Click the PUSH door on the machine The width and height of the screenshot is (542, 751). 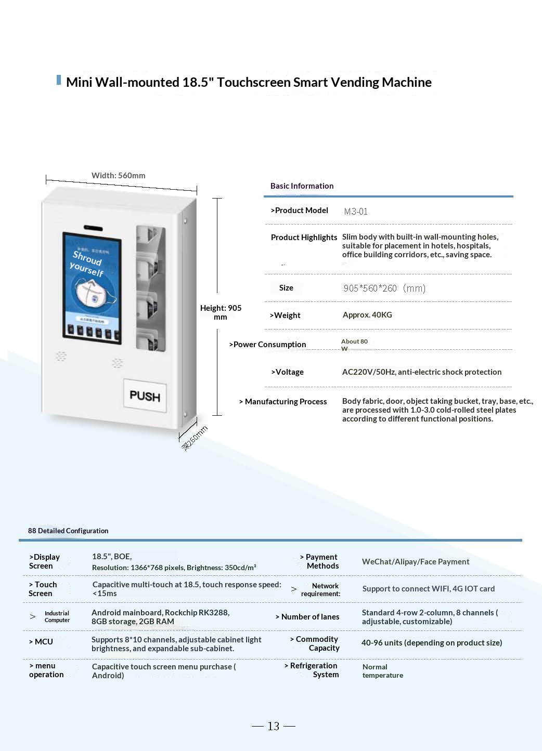145,396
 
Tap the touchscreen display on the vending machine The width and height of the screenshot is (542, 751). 92,288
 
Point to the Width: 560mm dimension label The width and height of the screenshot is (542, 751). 118,176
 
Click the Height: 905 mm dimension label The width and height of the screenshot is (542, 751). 221,312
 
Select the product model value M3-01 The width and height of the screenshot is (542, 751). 356,212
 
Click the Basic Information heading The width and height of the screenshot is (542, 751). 302,186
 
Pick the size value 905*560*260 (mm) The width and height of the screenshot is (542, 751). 384,288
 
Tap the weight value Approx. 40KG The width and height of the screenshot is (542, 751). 367,315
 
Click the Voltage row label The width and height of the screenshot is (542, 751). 287,372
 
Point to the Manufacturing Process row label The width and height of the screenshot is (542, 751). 283,402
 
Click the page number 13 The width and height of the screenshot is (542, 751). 274,726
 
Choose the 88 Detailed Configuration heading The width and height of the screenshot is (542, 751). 68,531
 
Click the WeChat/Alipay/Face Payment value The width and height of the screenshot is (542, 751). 416,562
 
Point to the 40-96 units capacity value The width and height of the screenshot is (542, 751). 432,643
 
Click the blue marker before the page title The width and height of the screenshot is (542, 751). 59,80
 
